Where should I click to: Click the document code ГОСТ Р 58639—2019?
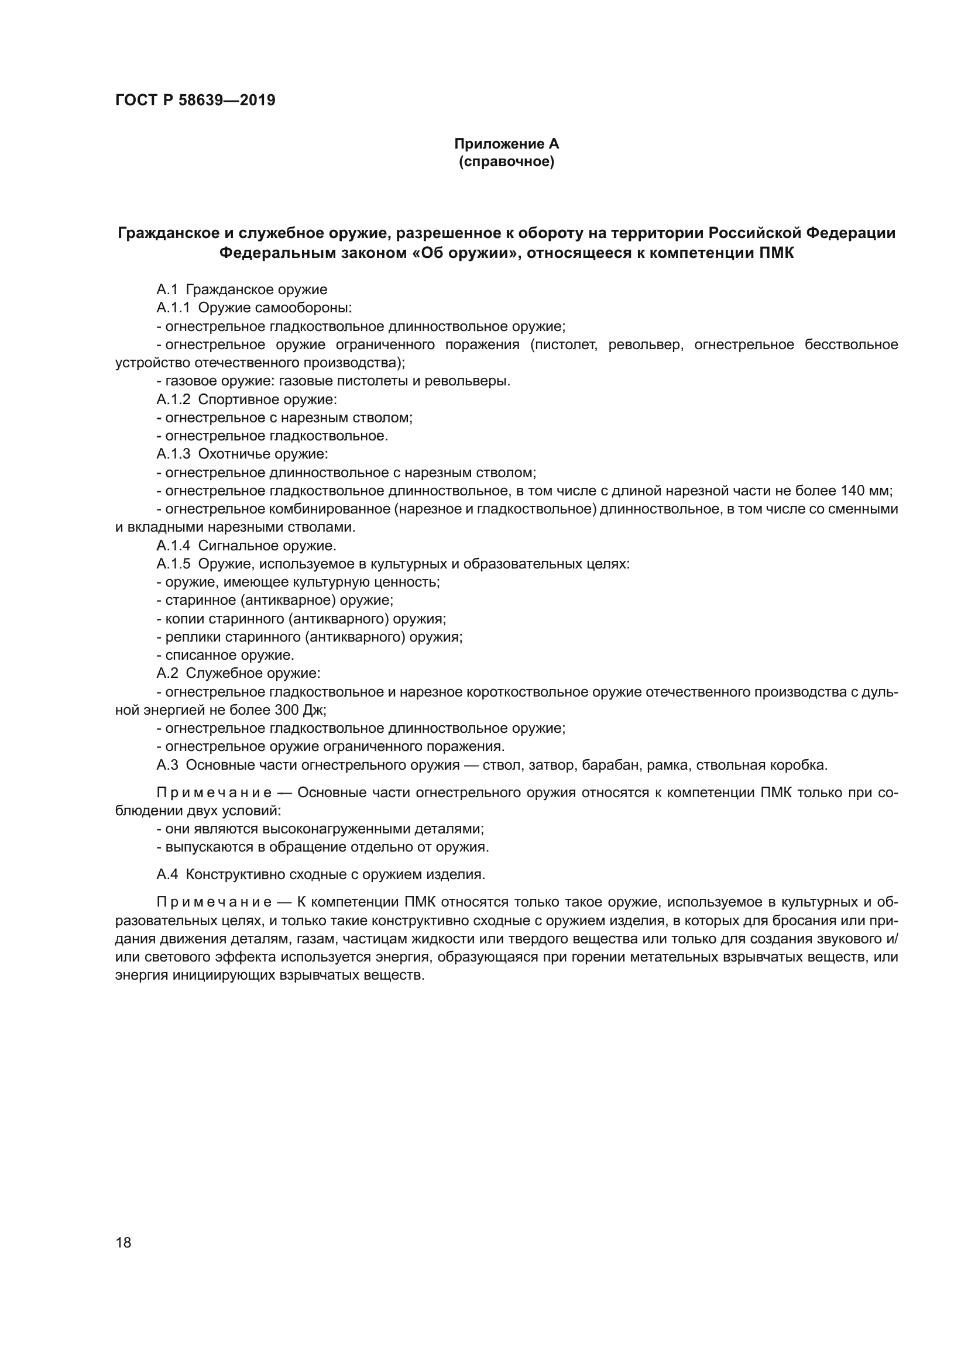195,100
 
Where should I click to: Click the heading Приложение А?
506,144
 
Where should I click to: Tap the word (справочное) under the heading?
506,161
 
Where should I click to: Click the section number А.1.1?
173,308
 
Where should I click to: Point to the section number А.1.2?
173,399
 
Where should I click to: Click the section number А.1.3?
173,454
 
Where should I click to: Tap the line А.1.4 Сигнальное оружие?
246,546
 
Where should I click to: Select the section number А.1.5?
173,564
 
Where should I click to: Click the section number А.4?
167,874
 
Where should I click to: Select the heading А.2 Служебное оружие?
238,673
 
